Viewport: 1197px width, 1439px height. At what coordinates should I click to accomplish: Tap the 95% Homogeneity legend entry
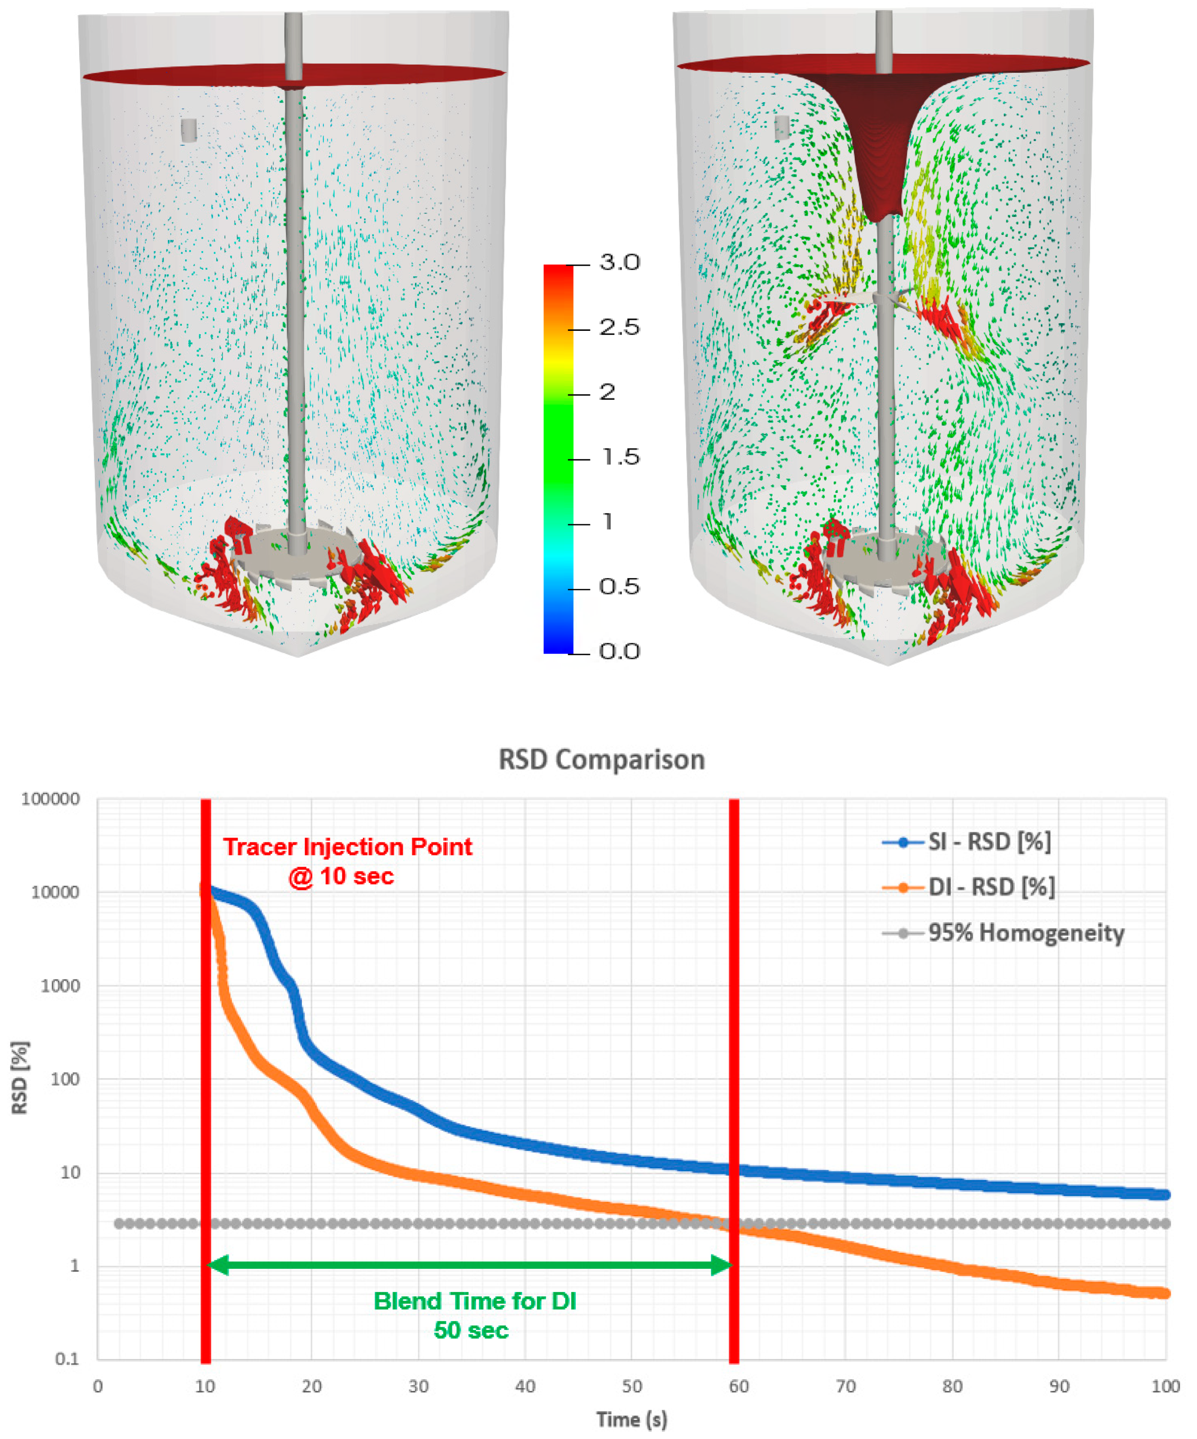pos(1026,933)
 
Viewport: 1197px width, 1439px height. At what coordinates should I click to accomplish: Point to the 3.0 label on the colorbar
pos(619,263)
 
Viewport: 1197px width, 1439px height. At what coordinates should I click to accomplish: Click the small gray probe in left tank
pos(189,130)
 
